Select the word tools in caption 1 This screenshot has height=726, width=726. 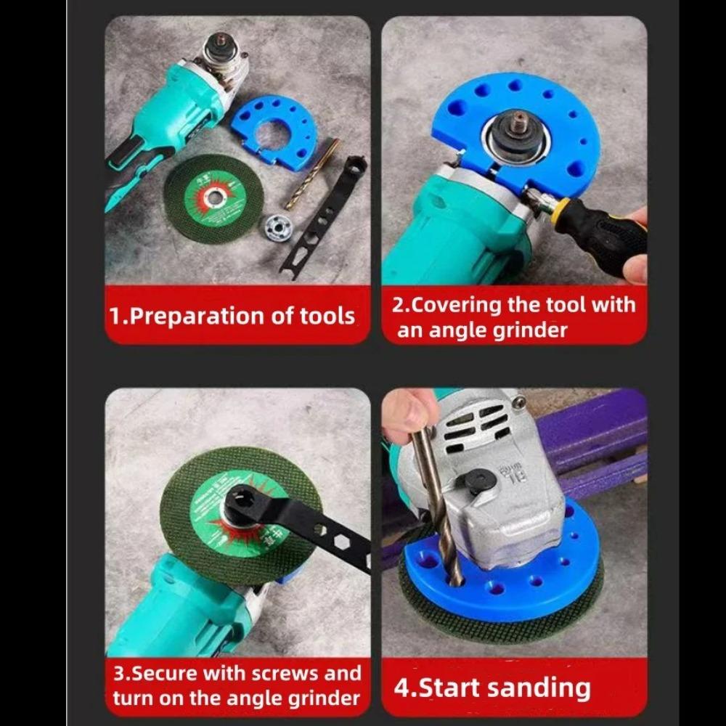[327, 317]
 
